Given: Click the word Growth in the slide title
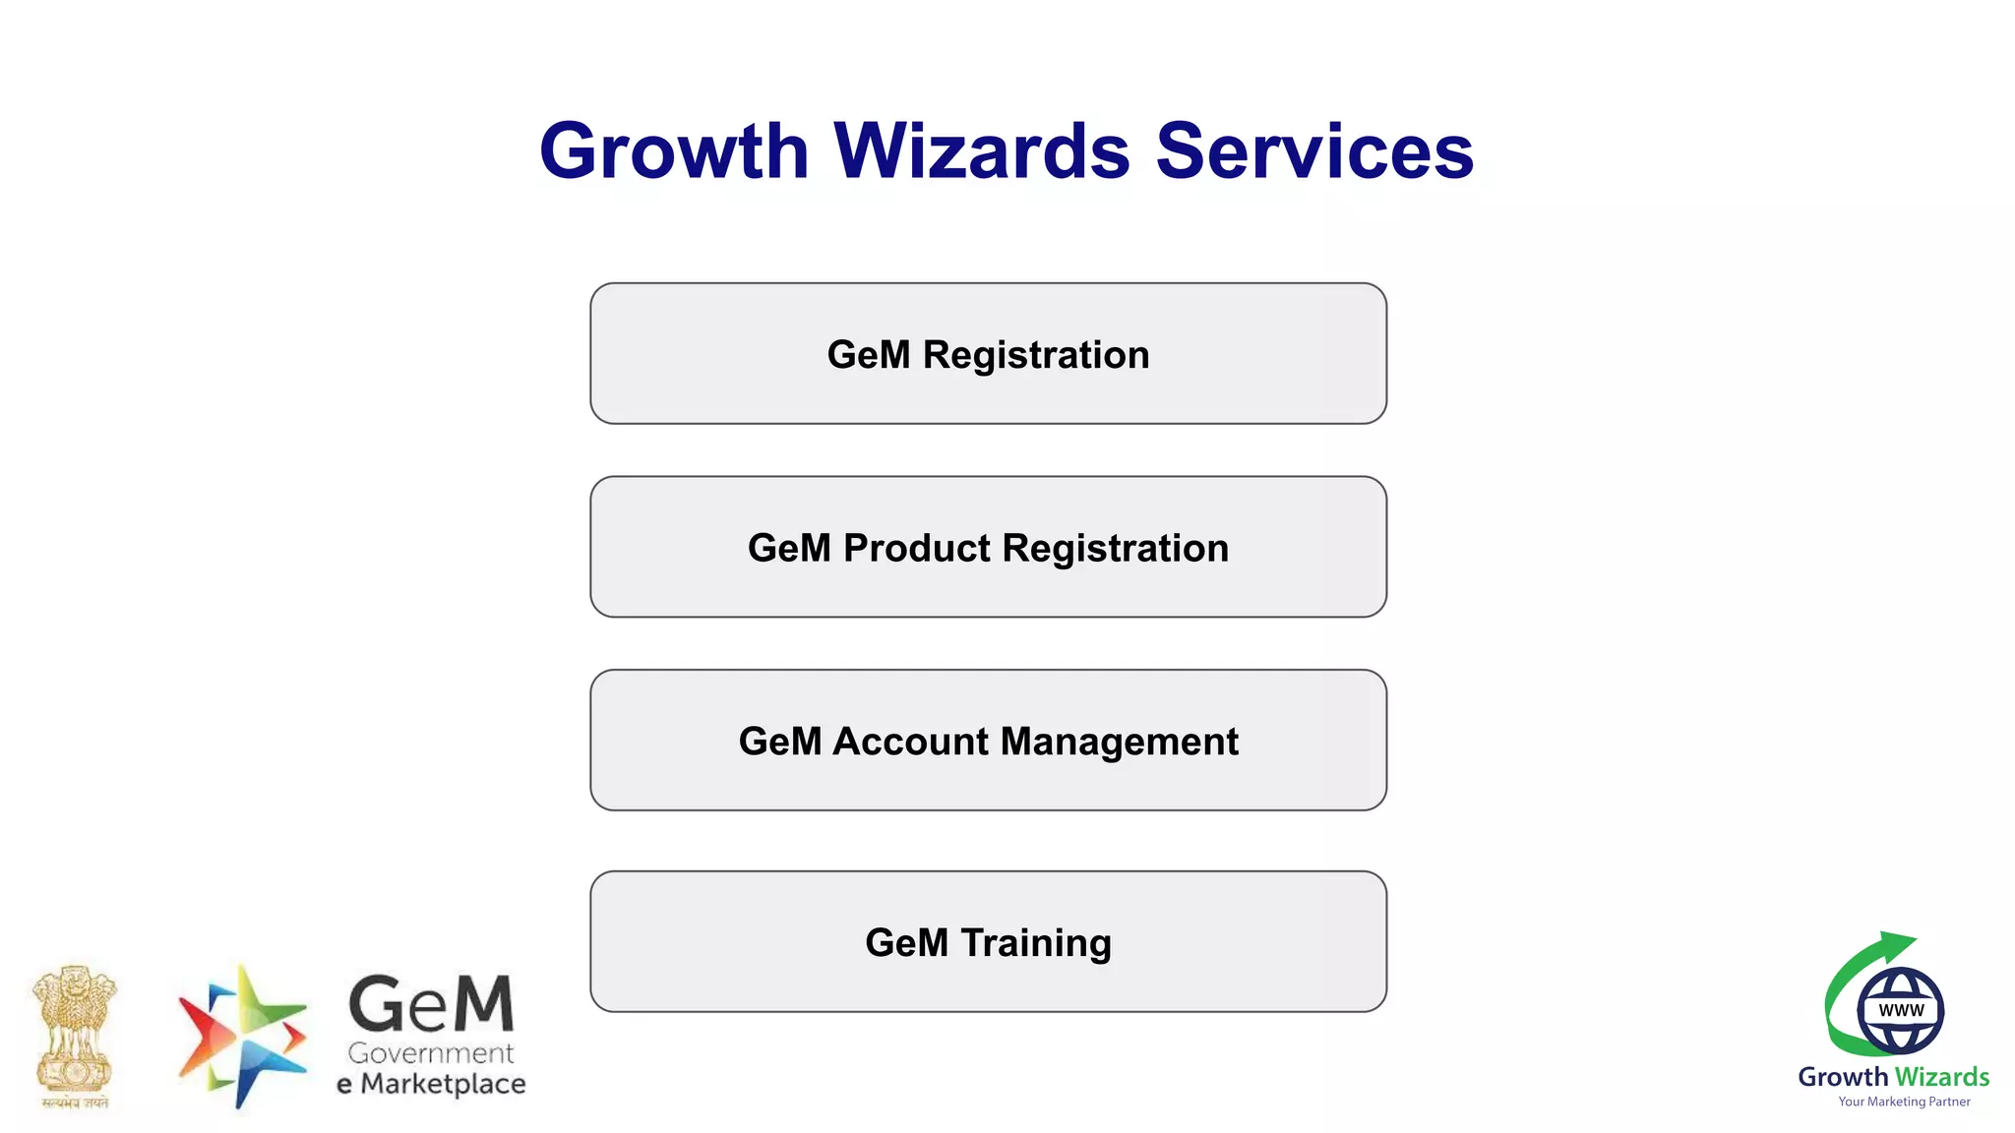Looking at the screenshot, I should pyautogui.click(x=674, y=151).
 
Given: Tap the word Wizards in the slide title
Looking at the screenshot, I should pyautogui.click(x=982, y=151).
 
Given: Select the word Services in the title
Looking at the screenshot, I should pyautogui.click(x=1314, y=151).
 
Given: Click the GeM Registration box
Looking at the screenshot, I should pyautogui.click(x=988, y=354).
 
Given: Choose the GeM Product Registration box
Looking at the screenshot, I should pyautogui.click(x=988, y=548).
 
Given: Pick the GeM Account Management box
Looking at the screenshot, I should pyautogui.click(x=988, y=741).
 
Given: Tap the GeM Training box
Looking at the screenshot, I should pyautogui.click(x=988, y=942).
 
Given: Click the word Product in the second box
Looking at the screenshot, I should pyautogui.click(x=917, y=549).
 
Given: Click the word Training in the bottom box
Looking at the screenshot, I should pyautogui.click(x=1036, y=943).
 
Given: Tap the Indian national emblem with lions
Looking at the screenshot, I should pyautogui.click(x=75, y=1036).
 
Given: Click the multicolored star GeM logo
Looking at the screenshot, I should pyautogui.click(x=241, y=1036).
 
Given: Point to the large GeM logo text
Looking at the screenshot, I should pyautogui.click(x=431, y=1005).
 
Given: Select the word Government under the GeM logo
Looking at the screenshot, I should pyautogui.click(x=431, y=1053).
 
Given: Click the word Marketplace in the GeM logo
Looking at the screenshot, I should pyautogui.click(x=443, y=1084).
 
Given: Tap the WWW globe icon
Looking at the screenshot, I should pyautogui.click(x=1900, y=1010).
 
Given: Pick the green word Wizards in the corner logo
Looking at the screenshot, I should pyautogui.click(x=1942, y=1077).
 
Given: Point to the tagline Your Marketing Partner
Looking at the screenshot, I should pyautogui.click(x=1904, y=1102).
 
